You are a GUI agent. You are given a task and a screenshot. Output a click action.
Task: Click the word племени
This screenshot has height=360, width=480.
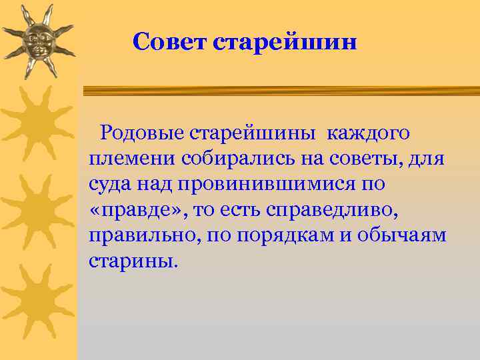(122, 159)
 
